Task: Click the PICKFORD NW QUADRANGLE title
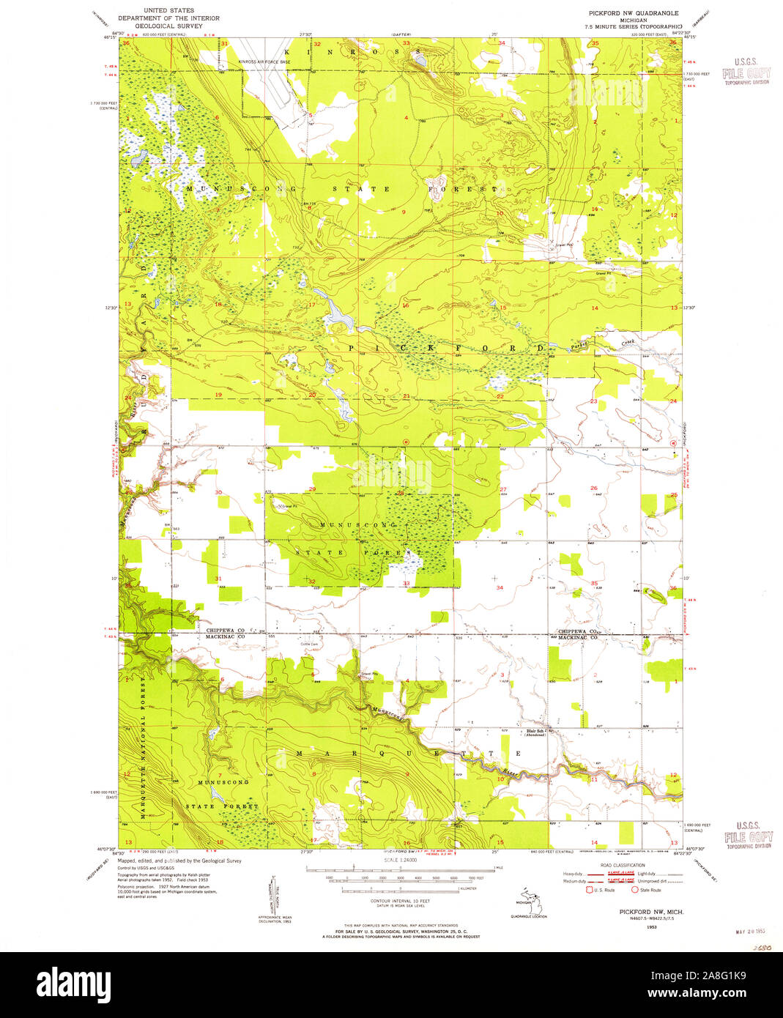[x=631, y=13]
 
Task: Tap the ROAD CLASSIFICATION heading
[x=623, y=865]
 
